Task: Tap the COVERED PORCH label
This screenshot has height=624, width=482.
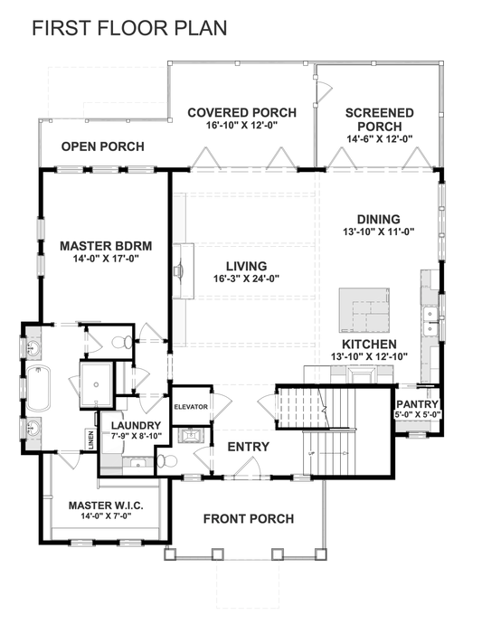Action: [x=232, y=113]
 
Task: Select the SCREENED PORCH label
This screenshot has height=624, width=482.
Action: [x=380, y=119]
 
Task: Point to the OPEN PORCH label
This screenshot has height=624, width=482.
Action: [x=102, y=147]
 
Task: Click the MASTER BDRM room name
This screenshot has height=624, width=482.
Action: [x=105, y=245]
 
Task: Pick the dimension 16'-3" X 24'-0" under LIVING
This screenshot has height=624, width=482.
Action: [x=245, y=279]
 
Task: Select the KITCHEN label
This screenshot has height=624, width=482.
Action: [x=368, y=345]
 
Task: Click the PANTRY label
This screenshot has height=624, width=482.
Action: [x=417, y=404]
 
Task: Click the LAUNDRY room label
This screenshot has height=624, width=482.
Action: [x=137, y=426]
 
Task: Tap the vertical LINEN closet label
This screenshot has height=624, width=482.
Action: [x=90, y=439]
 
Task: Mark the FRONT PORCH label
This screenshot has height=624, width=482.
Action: [x=248, y=518]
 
